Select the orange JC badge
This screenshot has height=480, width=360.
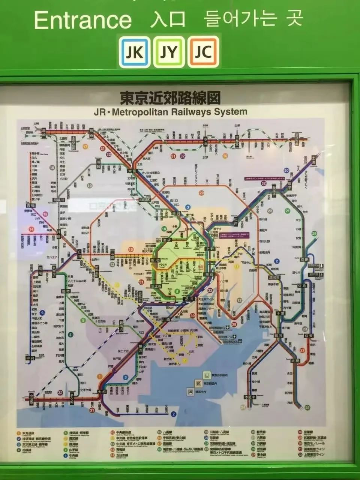coord(203,52)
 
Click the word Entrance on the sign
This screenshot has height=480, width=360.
coord(83,20)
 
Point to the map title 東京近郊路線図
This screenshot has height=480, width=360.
coord(169,98)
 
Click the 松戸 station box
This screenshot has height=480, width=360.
coord(235,219)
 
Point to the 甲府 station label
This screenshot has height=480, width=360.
coord(30,358)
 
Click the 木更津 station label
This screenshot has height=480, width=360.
coord(249,397)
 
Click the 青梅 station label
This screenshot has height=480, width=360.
coord(30,206)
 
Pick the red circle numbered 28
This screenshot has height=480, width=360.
coord(234,324)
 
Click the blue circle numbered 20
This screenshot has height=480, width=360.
coord(286,170)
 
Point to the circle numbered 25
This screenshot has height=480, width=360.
coord(307,408)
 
